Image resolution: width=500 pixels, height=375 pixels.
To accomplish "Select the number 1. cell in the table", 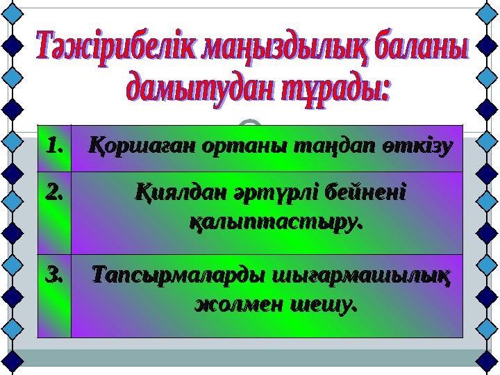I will [54, 148].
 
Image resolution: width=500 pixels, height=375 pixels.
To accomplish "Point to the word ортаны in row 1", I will [232, 147].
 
